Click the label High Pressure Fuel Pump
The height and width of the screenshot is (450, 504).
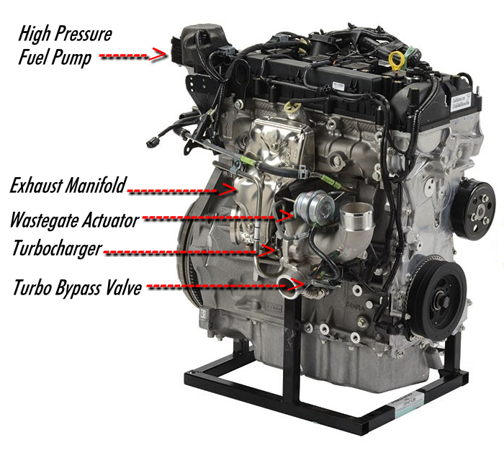click(x=65, y=45)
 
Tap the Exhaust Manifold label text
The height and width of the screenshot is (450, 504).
click(x=68, y=186)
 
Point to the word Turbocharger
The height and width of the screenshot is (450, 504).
click(x=56, y=249)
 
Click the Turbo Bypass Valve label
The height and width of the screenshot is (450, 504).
click(x=76, y=287)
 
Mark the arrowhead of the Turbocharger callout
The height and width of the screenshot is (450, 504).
click(x=271, y=250)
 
